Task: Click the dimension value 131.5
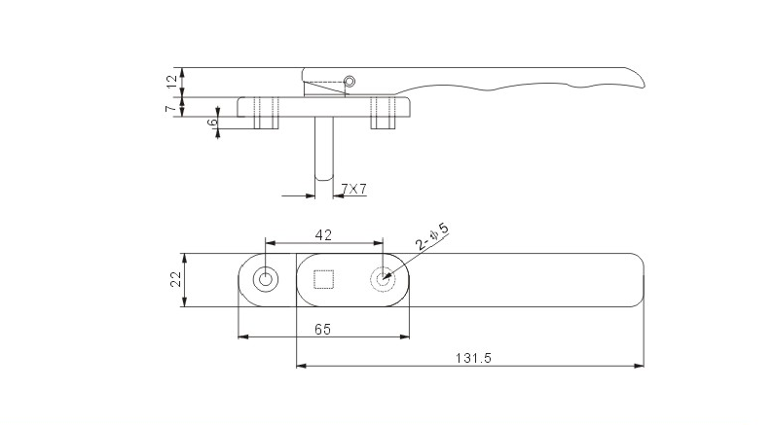pos(474,358)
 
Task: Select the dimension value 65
pos(323,329)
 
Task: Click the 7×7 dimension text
pos(354,189)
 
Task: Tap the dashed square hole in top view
pos(324,280)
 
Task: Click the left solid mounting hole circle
pos(264,280)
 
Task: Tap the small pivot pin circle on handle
pos(351,81)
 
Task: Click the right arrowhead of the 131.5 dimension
pos(642,367)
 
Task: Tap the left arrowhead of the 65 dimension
pos(243,337)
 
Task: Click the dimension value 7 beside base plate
pos(172,108)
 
